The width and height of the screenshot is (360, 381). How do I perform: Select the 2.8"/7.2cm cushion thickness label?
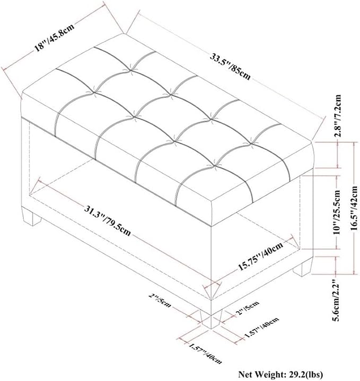pos(338,116)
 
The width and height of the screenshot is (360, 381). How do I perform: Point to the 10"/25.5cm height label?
pos(337,212)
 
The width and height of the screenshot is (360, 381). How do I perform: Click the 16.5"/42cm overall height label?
pos(355,208)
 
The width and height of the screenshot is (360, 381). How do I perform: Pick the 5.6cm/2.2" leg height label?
pos(338,301)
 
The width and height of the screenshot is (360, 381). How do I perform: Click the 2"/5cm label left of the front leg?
pos(160,300)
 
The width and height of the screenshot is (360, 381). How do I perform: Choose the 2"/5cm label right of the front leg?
pos(248,307)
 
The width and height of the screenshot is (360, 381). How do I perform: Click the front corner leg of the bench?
pos(211,319)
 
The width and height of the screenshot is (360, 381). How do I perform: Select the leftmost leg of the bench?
pos(32,219)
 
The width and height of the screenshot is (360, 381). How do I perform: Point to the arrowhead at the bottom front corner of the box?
pos(208,294)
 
